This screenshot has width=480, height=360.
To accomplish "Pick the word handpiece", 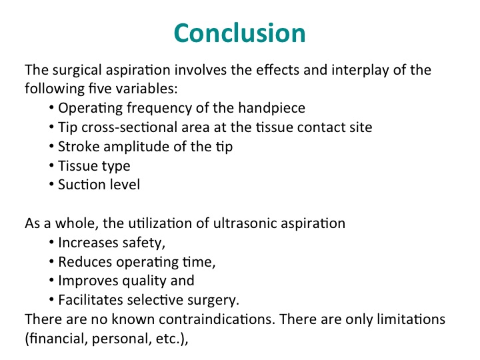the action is point(271,109).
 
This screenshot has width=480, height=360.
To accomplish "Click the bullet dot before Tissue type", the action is point(51,165).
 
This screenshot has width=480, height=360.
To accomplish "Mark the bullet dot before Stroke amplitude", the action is point(51,146).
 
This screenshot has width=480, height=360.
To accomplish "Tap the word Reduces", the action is point(85,262).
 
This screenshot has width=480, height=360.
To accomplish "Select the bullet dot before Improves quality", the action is point(51,281).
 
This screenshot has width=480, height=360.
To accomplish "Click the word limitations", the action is point(411,319).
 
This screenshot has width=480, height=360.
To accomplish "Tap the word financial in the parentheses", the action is point(59,339).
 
